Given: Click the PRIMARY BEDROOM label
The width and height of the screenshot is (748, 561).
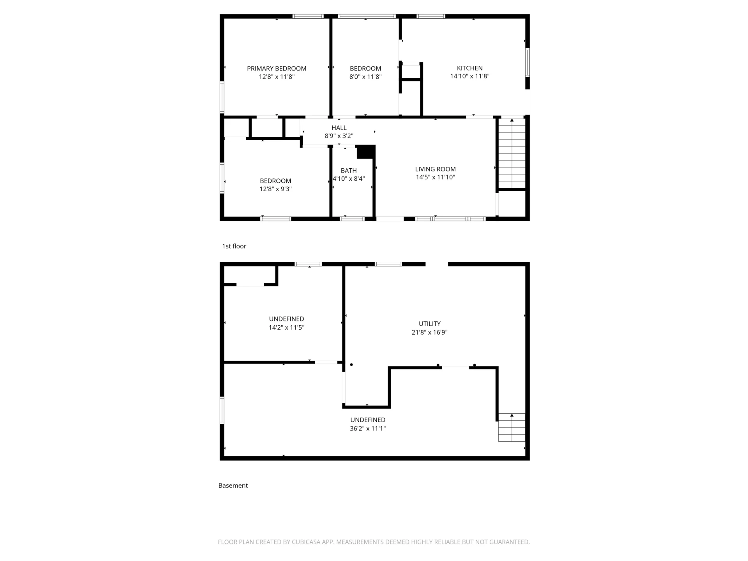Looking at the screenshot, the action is (x=277, y=69).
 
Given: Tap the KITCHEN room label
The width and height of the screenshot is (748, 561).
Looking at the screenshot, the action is (x=470, y=68).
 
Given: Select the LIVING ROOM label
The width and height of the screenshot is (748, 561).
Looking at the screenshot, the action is (x=435, y=169).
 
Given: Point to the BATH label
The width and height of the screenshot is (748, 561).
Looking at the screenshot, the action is (x=349, y=171).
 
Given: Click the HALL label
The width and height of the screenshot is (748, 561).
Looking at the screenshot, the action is (x=339, y=128).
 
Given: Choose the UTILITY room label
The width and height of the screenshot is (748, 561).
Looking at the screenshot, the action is (x=430, y=324).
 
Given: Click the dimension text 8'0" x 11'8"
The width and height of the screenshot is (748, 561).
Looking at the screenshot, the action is (x=365, y=77).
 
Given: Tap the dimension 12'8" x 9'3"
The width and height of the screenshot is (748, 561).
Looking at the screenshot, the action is (x=275, y=189).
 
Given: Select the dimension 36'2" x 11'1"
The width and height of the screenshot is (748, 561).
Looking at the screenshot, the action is (x=368, y=429).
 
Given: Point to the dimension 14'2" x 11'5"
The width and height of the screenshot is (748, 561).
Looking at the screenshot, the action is (x=286, y=328).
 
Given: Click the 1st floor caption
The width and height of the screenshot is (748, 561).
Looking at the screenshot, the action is (x=234, y=246).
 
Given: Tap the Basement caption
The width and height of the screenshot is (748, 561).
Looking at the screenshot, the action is (x=233, y=485).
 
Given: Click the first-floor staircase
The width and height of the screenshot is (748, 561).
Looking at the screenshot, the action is (x=512, y=153).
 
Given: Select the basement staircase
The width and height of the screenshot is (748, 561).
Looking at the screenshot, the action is (x=512, y=427).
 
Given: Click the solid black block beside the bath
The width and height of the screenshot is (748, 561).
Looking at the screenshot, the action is (x=366, y=152).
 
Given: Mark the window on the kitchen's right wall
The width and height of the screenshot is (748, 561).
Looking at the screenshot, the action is (x=527, y=62).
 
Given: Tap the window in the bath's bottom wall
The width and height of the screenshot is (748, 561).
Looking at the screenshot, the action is (x=352, y=219).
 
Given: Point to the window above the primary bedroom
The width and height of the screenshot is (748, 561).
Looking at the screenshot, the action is (x=308, y=16).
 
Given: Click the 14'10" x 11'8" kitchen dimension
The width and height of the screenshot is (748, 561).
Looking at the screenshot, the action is (x=470, y=76).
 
